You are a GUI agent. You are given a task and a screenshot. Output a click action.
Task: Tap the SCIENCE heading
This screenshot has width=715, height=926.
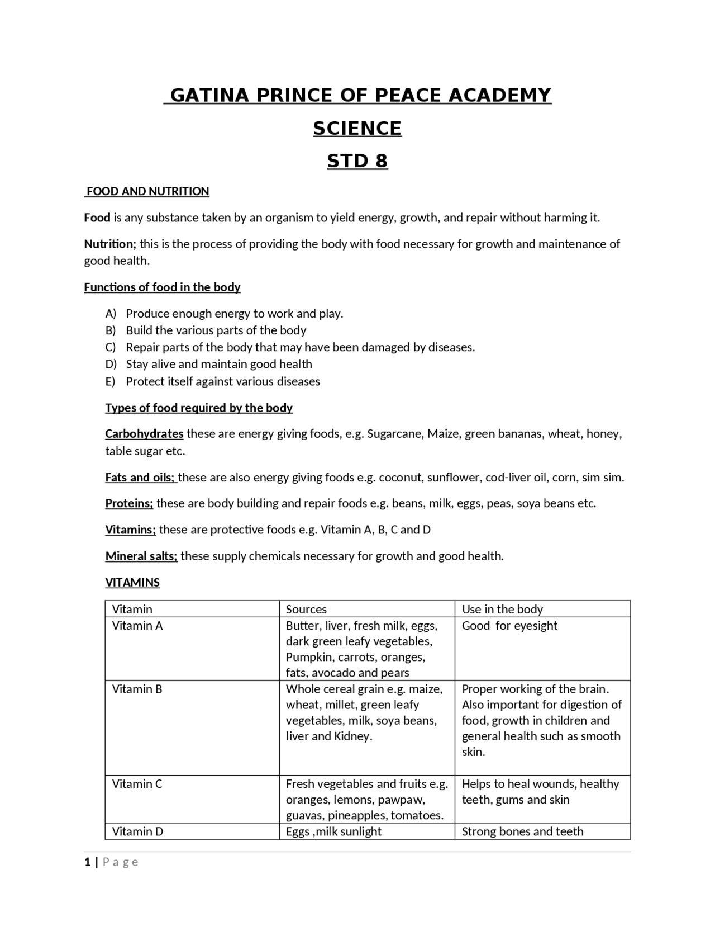(357, 128)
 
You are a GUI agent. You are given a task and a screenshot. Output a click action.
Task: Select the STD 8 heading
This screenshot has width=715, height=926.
(357, 161)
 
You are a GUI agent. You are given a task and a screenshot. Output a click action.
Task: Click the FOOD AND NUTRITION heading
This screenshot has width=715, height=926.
(147, 191)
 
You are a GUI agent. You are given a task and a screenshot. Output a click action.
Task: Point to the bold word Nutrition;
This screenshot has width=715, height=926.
(110, 244)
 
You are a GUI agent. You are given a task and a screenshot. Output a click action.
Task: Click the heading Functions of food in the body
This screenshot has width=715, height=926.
(162, 287)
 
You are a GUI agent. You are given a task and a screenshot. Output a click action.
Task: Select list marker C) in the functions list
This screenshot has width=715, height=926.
(111, 347)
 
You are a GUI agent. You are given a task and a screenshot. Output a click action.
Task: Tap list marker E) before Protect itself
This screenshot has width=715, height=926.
(110, 381)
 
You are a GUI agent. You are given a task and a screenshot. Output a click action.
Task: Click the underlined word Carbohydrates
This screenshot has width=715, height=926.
(144, 433)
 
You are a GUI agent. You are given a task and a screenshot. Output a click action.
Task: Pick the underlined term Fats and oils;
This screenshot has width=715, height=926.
(140, 477)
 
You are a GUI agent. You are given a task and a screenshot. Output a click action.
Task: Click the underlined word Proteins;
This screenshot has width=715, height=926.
(129, 503)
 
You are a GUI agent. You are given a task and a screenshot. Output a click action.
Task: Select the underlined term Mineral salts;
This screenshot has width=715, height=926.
(141, 556)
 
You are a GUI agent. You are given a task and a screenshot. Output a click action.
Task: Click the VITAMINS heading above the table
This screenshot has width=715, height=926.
(132, 582)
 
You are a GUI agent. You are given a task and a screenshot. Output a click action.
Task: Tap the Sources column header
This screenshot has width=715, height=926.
(306, 609)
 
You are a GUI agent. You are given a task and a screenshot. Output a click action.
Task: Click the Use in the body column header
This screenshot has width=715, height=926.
(502, 609)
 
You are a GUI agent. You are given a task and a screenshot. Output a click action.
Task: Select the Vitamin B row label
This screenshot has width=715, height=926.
(137, 689)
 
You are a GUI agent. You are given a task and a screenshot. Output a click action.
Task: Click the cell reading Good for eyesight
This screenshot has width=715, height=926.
(509, 626)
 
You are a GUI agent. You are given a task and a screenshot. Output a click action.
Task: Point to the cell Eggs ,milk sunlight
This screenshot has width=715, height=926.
(333, 831)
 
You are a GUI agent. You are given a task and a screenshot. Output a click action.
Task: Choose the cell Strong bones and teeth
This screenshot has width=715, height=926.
(522, 831)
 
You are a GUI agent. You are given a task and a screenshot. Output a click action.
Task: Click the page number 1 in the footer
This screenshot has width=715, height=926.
(87, 862)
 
